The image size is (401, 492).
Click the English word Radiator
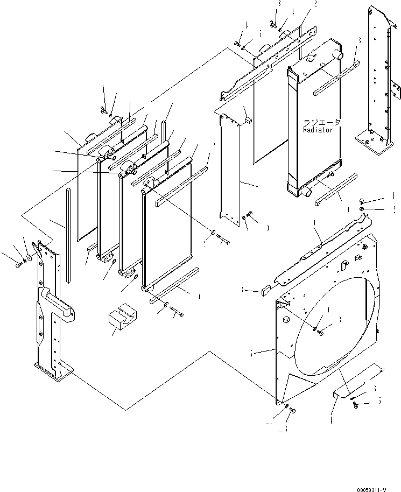click(318, 130)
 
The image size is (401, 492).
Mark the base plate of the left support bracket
click(53, 371)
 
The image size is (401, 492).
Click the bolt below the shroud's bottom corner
click(293, 411)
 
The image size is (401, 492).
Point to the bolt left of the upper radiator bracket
click(237, 45)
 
